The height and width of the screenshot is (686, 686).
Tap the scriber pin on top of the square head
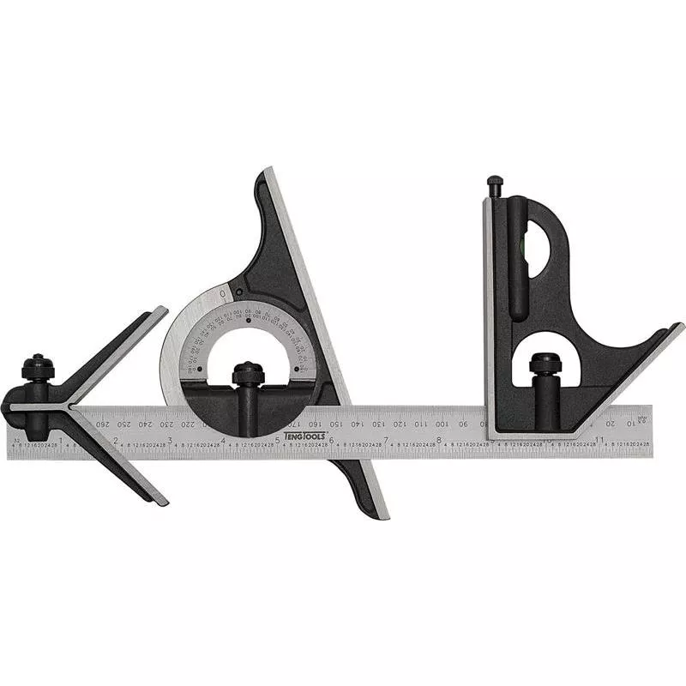point(495,184)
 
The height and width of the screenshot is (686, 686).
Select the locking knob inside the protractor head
point(248,374)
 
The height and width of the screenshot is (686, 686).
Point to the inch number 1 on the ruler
point(61,440)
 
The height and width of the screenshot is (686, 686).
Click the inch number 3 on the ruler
point(169,440)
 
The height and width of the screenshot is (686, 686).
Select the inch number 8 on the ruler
point(439,440)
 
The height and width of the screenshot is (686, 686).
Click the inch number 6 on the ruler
point(331,440)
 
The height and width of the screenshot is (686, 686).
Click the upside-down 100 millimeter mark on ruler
point(441,424)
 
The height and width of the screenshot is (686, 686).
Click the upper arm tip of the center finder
point(160,311)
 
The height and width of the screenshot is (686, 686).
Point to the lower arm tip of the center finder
point(161,501)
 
